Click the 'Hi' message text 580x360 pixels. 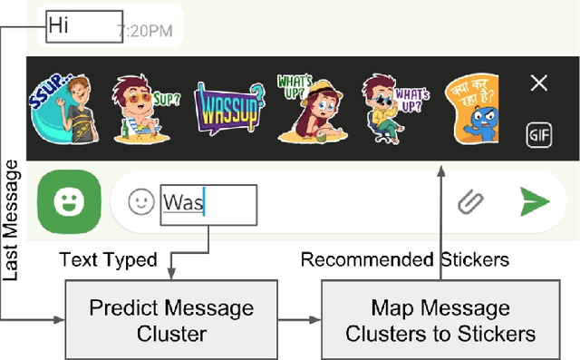(x=59, y=25)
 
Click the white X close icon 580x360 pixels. (x=538, y=83)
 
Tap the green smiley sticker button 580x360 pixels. (x=69, y=201)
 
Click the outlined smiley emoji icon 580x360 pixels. (x=140, y=202)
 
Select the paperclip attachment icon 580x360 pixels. (x=468, y=201)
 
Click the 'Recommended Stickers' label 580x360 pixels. (x=404, y=260)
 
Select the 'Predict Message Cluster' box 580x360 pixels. (x=171, y=320)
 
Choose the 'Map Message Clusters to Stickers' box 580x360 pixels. (x=440, y=320)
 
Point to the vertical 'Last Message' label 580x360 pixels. (x=13, y=222)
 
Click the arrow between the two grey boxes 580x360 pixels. (x=299, y=319)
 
